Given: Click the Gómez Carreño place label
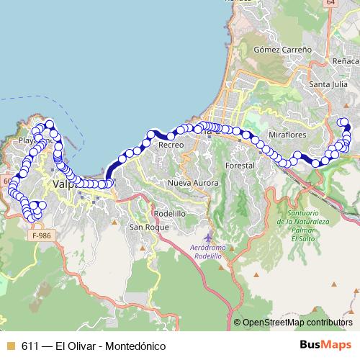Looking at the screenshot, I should [283, 50].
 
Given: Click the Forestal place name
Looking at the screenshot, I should [240, 166].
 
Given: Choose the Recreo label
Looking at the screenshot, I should [171, 145].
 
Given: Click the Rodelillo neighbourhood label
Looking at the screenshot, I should [170, 214].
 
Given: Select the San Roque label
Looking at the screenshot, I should [148, 227].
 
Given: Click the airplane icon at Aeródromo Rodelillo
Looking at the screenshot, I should [209, 237].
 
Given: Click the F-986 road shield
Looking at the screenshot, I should [42, 235].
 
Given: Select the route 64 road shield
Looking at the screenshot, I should [330, 4].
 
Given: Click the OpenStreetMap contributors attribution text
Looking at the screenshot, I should [297, 323].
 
